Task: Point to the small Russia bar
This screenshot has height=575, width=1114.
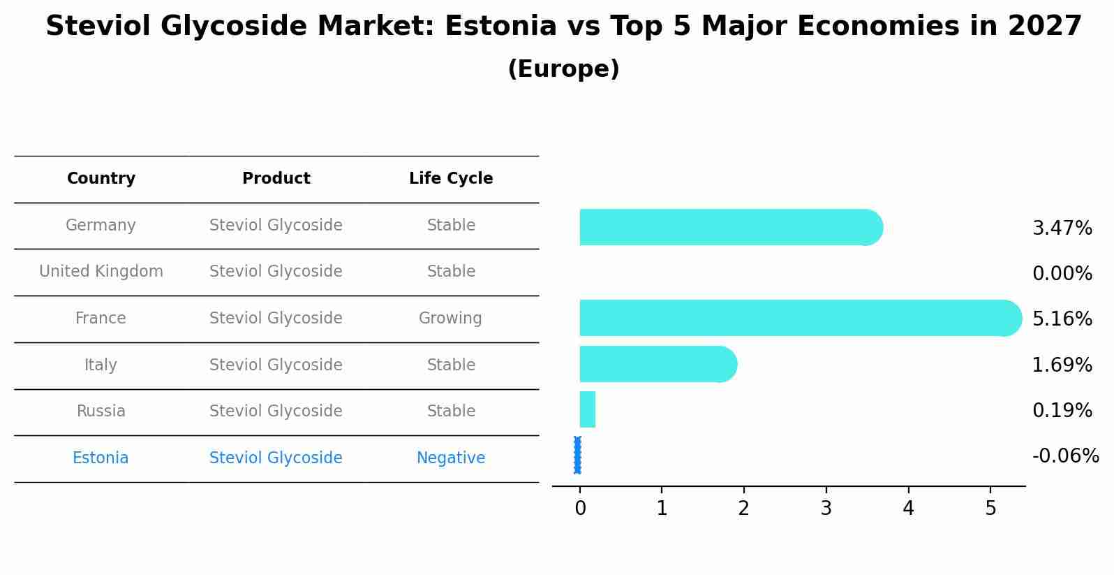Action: (x=587, y=409)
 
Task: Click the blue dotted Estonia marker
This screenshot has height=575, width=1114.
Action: (x=577, y=455)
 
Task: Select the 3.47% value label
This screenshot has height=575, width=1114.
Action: (x=1062, y=228)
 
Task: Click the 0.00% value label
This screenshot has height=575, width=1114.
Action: (x=1062, y=274)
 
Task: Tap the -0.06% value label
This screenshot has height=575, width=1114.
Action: (x=1065, y=456)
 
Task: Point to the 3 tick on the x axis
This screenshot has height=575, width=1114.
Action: (x=826, y=509)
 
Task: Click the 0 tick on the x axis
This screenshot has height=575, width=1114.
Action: (x=580, y=509)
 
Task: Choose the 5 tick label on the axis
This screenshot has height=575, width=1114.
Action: (x=990, y=509)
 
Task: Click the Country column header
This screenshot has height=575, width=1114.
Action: (x=101, y=179)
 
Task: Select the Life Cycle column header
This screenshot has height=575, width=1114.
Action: (x=451, y=179)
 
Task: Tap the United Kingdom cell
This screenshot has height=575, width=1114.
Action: (x=101, y=272)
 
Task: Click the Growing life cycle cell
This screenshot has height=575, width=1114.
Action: (x=450, y=319)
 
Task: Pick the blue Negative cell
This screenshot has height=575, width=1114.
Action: (x=450, y=458)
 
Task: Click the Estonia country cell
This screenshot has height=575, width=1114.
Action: (x=101, y=458)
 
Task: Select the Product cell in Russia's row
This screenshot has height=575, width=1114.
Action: (x=276, y=412)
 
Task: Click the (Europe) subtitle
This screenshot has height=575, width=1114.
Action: (x=563, y=69)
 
